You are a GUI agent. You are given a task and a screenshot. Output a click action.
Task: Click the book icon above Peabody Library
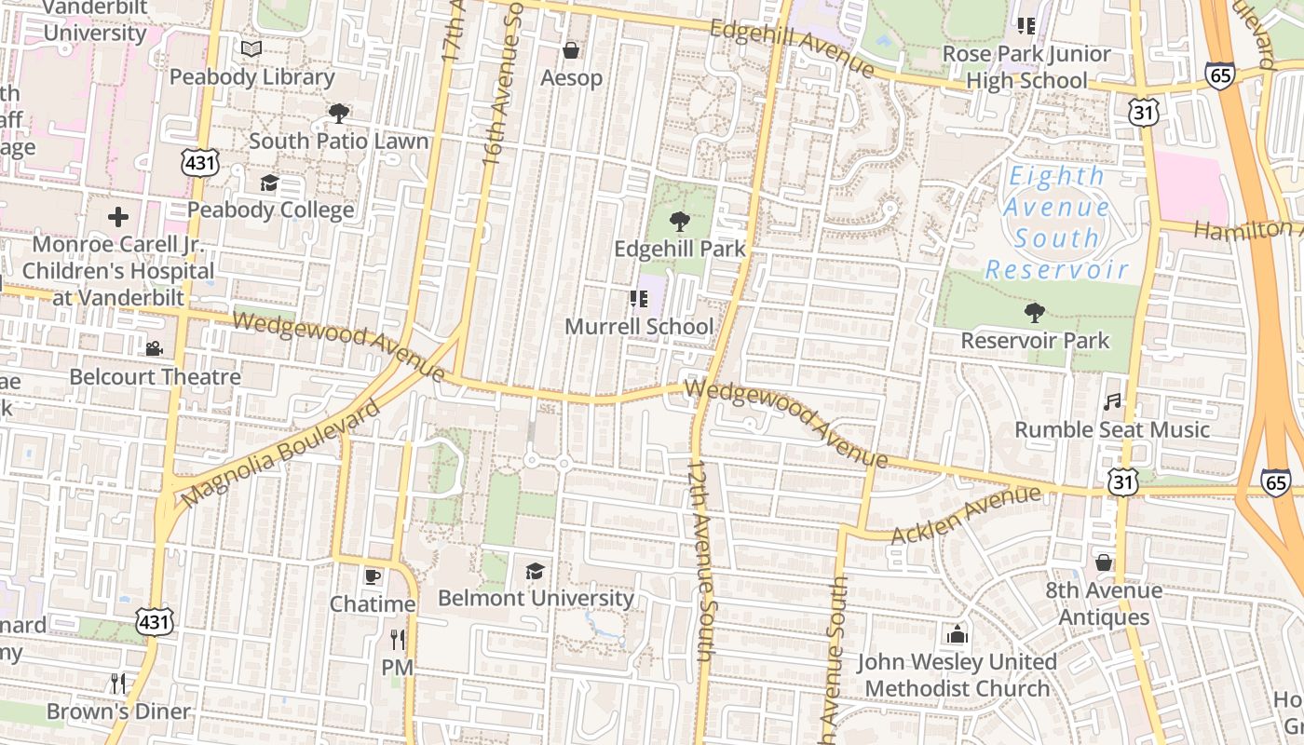[251, 48]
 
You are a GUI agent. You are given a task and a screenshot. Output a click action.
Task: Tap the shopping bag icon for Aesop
[571, 49]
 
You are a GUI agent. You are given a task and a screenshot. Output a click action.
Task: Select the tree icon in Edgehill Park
[680, 221]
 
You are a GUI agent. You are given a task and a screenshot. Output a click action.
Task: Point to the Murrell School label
[639, 327]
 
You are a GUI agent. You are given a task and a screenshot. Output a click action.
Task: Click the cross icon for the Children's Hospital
[118, 217]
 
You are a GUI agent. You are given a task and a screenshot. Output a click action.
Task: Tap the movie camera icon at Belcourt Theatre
[154, 348]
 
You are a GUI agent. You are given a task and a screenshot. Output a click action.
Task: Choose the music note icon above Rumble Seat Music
[1111, 401]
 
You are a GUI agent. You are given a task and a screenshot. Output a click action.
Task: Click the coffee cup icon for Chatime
[373, 576]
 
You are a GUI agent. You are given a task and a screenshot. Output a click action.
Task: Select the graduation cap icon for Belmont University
[535, 570]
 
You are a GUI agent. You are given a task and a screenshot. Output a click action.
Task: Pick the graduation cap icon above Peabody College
[269, 182]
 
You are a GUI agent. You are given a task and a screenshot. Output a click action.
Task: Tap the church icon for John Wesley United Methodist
[957, 635]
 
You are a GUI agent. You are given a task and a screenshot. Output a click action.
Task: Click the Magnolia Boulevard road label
[281, 454]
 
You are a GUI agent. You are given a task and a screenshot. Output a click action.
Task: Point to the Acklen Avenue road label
[965, 514]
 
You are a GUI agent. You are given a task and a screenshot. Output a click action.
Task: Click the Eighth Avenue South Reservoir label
[1057, 222]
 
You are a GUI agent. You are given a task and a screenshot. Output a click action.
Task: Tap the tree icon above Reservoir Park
[1034, 312]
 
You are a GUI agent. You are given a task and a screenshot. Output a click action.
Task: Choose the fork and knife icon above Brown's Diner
[117, 684]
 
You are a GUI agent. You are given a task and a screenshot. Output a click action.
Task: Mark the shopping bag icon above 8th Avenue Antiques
[1103, 562]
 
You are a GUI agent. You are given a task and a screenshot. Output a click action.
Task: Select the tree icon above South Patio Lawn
[338, 114]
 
